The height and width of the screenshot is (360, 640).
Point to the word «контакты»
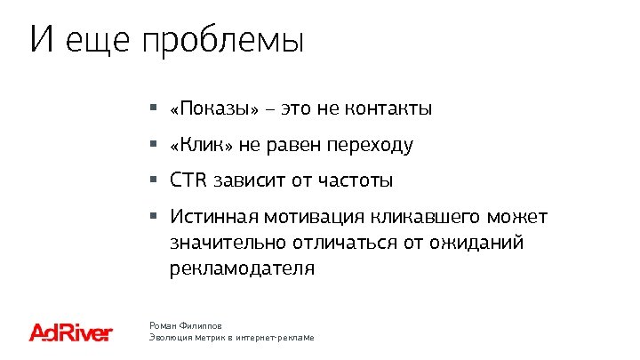click(388, 109)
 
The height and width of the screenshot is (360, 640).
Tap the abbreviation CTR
click(188, 180)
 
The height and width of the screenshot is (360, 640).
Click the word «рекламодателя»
click(242, 268)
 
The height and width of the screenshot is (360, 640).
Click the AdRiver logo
click(71, 333)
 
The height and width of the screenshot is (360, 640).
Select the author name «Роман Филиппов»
click(185, 327)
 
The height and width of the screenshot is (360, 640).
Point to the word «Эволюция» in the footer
click(172, 340)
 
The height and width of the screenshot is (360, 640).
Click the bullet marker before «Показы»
click(153, 108)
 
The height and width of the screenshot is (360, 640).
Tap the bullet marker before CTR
click(153, 180)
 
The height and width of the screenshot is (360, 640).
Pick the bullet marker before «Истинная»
click(153, 216)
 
